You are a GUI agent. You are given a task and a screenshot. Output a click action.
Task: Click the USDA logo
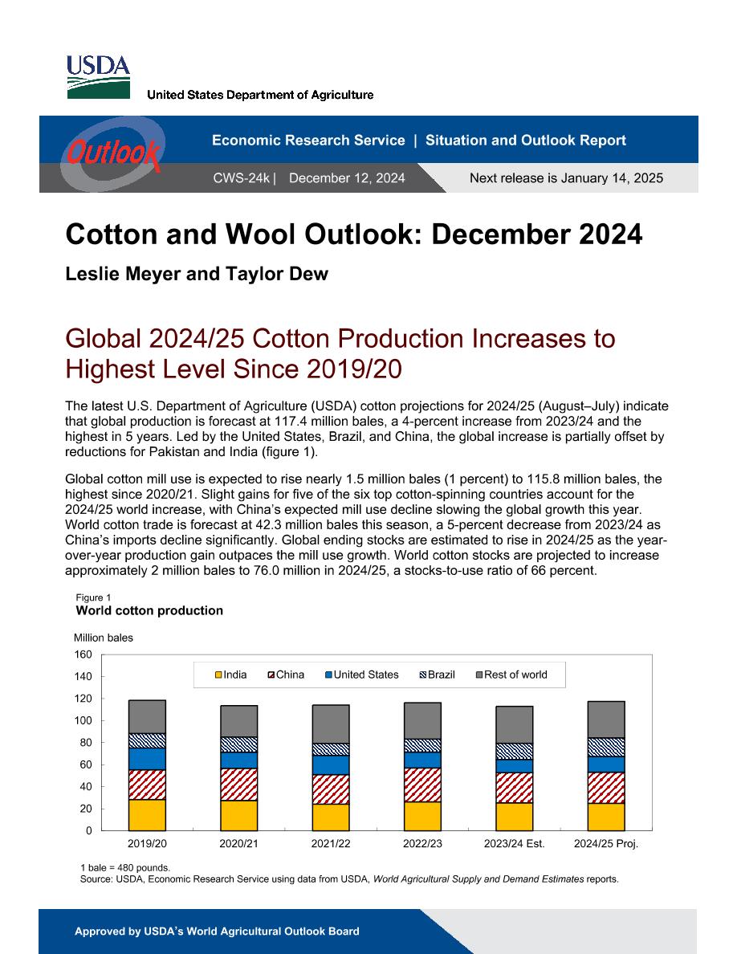[x=98, y=77]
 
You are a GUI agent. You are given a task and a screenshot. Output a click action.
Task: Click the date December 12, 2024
[x=347, y=178]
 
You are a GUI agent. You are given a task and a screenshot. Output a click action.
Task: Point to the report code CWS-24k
[x=241, y=178]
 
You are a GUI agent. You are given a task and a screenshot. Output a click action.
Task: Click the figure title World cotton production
[x=149, y=611]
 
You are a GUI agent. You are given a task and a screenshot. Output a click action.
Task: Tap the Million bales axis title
[x=104, y=638]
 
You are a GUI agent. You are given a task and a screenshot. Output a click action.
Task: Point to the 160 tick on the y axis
[x=83, y=654]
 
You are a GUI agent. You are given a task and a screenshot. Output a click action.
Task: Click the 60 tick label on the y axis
[x=86, y=764]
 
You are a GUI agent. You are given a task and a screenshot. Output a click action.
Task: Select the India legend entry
[x=231, y=675]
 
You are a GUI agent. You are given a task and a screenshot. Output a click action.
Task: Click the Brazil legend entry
[x=438, y=675]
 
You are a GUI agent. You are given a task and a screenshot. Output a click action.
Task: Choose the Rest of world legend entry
[x=511, y=675]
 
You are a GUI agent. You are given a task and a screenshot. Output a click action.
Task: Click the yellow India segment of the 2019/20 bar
[x=147, y=814]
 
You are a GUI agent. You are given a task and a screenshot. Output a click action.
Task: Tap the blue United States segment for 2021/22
[x=331, y=764]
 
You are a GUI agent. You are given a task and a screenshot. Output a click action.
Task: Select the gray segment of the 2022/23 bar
[x=422, y=721]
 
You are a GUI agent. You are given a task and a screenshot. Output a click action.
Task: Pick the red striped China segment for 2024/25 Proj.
[x=606, y=788]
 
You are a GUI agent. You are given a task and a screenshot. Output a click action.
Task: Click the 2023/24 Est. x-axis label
[x=515, y=844]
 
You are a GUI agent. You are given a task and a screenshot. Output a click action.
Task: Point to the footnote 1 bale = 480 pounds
[x=125, y=867]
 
